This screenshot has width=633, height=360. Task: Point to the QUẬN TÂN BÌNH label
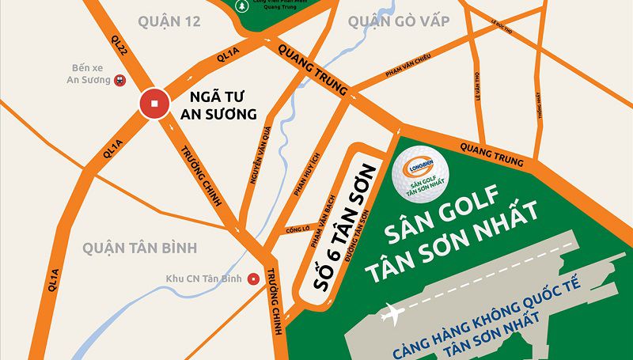point(138,248)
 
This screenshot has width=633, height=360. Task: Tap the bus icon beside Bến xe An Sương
point(120,79)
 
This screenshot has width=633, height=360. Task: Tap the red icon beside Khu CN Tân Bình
point(252,278)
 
